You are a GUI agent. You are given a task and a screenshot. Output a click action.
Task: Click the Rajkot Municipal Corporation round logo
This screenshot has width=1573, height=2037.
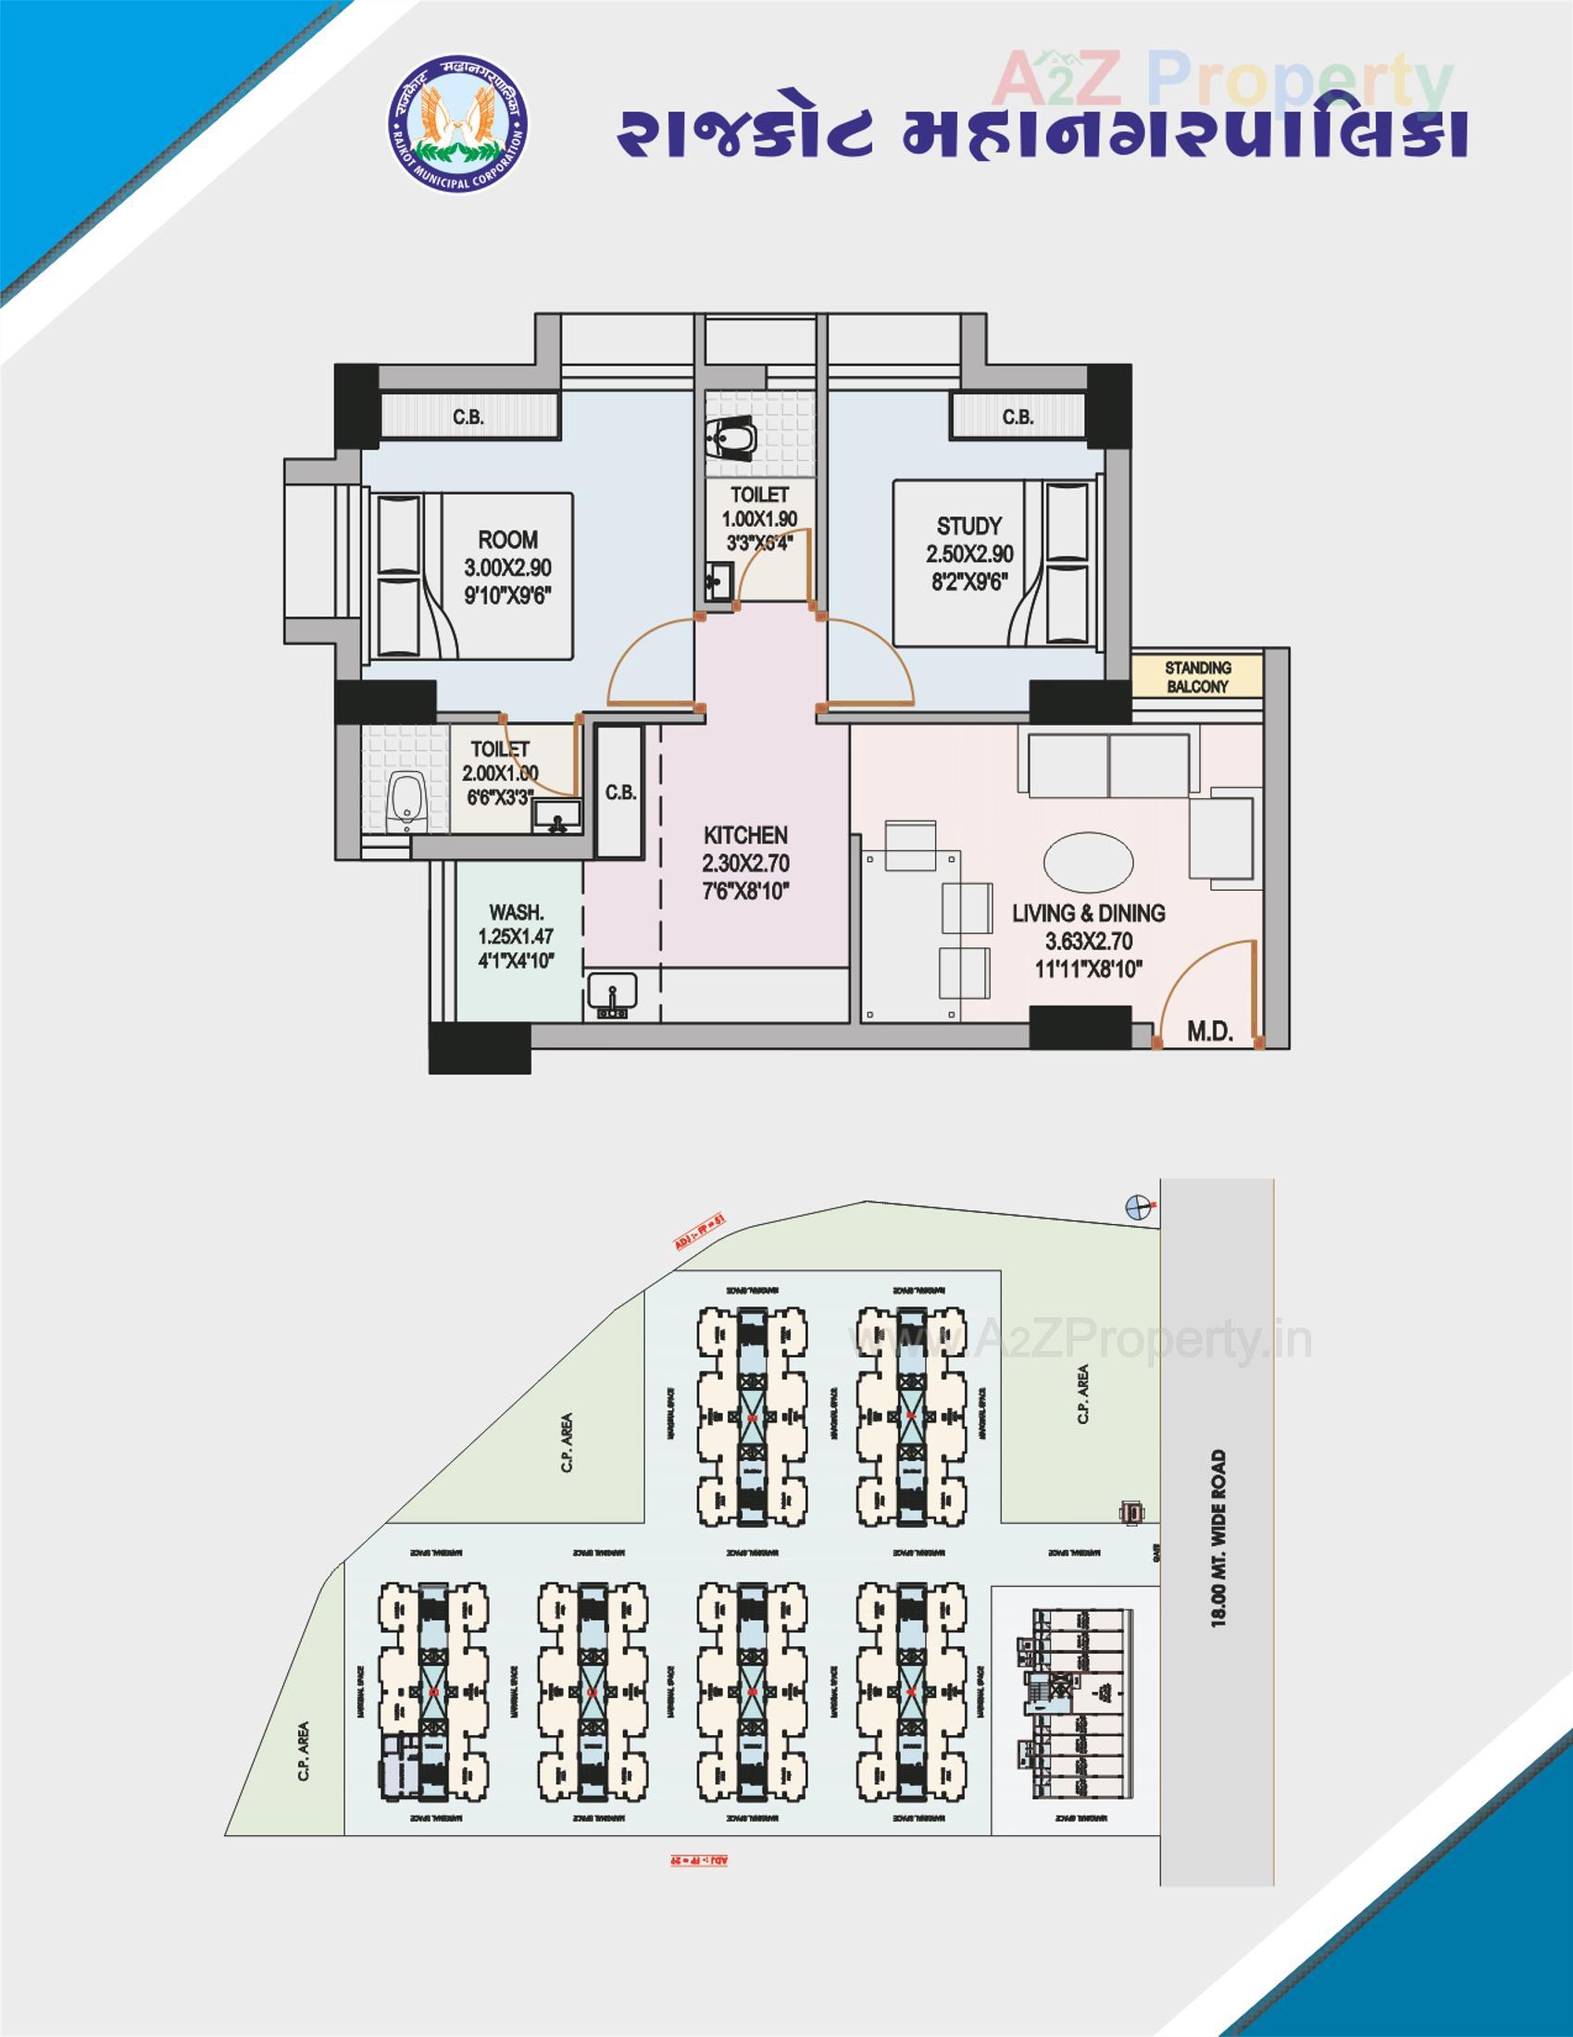point(457,126)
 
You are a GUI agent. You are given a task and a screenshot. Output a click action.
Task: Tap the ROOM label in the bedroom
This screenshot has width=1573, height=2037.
point(507,540)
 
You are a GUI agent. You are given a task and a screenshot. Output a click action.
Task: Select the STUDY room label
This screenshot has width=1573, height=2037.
point(968,526)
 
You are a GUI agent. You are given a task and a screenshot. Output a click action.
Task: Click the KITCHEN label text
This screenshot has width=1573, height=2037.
point(745,835)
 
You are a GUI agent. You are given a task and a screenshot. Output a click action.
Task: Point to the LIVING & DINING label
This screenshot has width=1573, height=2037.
point(1088,913)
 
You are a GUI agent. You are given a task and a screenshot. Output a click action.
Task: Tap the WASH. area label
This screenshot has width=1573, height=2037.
point(516,912)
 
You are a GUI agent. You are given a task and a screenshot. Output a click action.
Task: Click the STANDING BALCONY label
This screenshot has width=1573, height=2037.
point(1197,677)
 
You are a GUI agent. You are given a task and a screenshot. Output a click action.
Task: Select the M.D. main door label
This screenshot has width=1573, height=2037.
point(1209,1031)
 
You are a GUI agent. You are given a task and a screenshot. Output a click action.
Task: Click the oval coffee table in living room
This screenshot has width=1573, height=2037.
point(1088,861)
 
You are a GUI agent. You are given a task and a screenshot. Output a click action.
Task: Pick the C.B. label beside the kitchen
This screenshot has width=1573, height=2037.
point(620,793)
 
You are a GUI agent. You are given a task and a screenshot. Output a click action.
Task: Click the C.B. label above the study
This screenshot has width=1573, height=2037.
point(1017,417)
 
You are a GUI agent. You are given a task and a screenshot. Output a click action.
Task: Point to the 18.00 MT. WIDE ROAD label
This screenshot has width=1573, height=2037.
point(1217,1539)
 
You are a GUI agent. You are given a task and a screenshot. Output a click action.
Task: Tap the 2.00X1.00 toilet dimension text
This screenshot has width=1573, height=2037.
point(500,773)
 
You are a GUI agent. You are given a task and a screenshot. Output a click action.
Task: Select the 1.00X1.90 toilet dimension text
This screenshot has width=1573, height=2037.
point(759,519)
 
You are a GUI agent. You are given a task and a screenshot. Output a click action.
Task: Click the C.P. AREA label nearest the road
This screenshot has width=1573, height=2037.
point(1082,1394)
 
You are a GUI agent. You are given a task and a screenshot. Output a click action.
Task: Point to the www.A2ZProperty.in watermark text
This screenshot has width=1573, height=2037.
point(1081,1341)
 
